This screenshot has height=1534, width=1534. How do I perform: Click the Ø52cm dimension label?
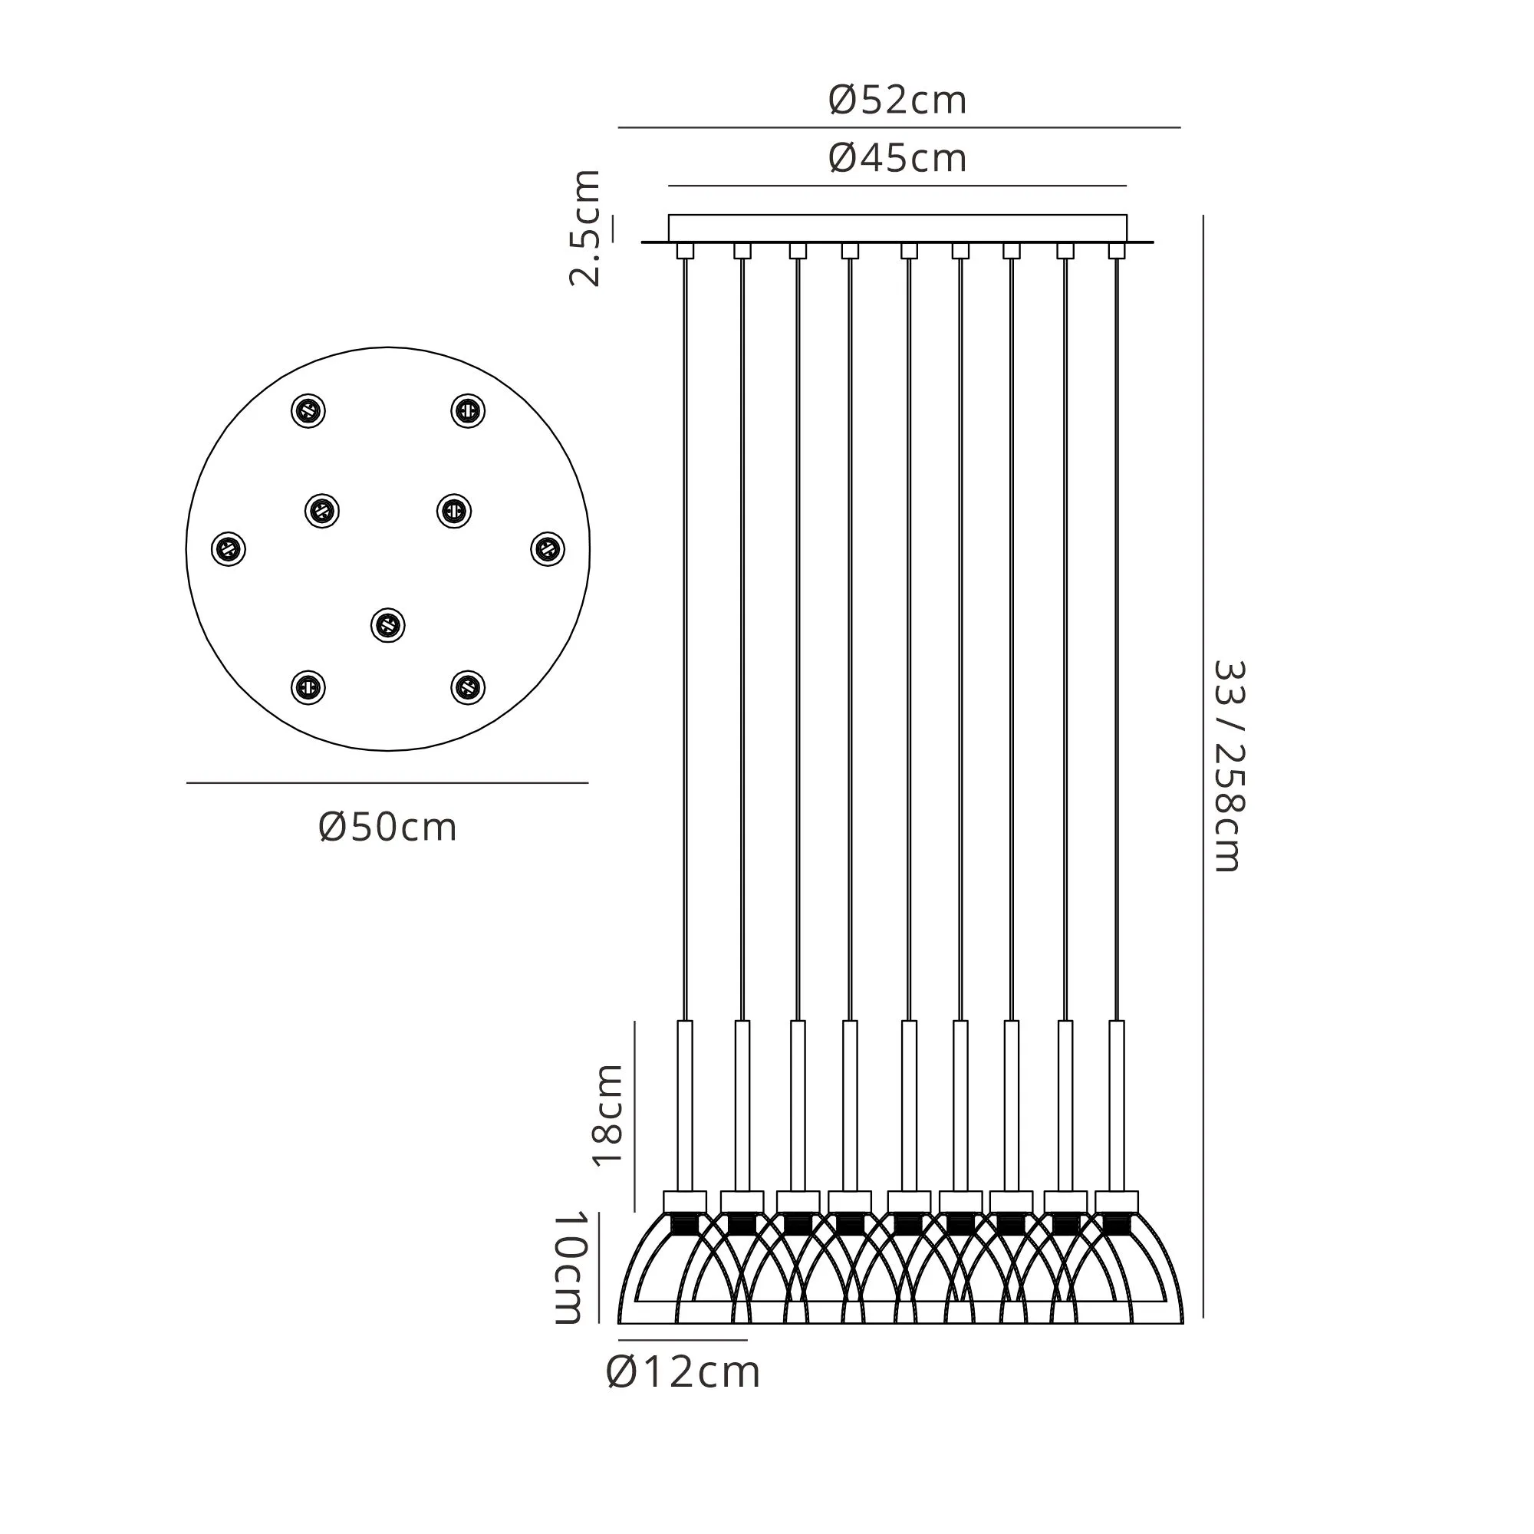click(x=897, y=100)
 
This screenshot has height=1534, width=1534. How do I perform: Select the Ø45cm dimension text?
click(x=897, y=158)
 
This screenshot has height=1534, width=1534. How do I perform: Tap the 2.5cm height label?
click(x=586, y=227)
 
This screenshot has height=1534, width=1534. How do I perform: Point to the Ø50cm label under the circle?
click(x=387, y=828)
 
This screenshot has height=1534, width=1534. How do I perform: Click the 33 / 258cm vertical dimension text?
click(x=1227, y=767)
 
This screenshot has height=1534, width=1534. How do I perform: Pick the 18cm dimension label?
click(x=608, y=1114)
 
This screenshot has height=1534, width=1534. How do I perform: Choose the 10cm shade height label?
click(x=570, y=1267)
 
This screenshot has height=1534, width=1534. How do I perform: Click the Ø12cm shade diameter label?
click(x=683, y=1373)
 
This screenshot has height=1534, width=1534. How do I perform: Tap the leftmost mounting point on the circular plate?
click(x=229, y=548)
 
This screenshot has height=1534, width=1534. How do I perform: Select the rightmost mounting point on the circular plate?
click(x=547, y=548)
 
